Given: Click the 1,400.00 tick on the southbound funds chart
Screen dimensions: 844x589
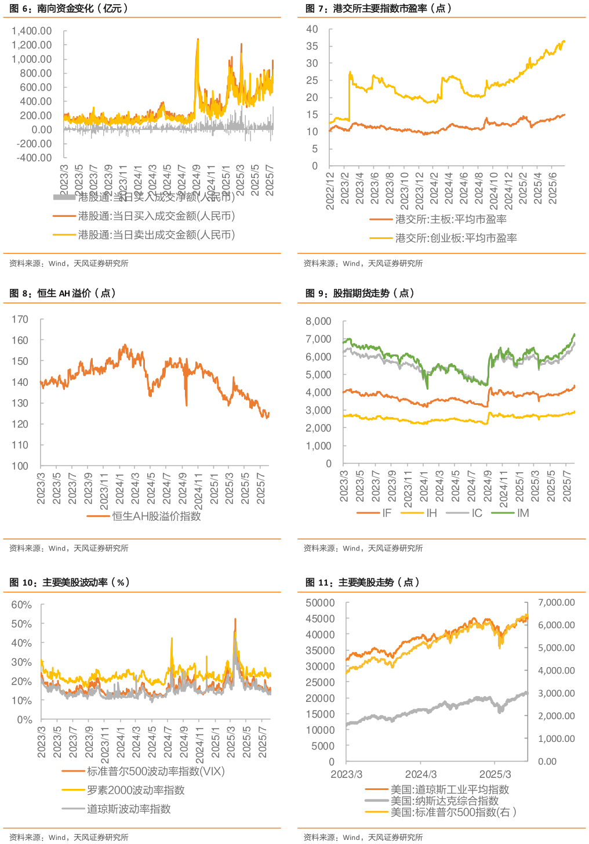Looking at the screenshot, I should [x=31, y=31].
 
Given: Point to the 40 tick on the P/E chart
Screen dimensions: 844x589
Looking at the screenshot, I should [x=312, y=29].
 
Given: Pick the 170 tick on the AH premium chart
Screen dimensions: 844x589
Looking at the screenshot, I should [x=20, y=319].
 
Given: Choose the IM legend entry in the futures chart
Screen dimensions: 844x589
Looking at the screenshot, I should [x=522, y=513].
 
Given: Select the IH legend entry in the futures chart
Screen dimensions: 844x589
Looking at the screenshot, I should [x=431, y=513].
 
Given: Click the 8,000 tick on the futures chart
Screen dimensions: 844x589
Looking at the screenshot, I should [x=318, y=321].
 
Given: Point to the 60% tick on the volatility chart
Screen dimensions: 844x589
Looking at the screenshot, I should [x=22, y=605].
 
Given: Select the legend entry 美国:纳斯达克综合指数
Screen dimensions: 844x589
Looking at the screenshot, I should [x=444, y=800].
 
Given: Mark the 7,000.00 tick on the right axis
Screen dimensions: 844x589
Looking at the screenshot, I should [x=557, y=603].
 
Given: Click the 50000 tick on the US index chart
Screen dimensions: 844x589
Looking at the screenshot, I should [x=320, y=603].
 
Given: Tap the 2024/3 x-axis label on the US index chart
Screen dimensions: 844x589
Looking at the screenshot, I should [x=421, y=774].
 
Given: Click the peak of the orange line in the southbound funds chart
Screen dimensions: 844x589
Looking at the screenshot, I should [x=198, y=39].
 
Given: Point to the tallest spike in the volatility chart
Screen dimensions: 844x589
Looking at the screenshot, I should [x=235, y=619].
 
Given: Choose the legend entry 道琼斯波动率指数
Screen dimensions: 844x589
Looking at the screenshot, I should [x=129, y=809].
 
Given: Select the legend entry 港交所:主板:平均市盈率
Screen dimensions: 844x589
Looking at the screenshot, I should [x=450, y=219].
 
